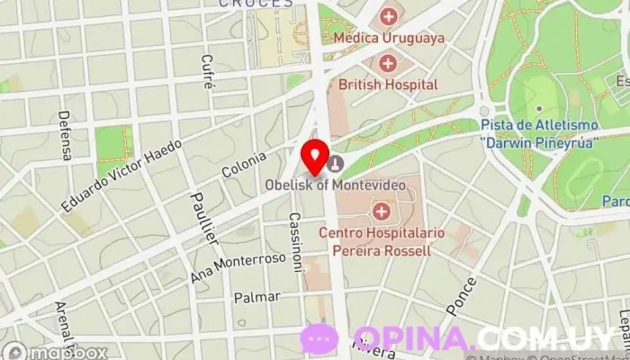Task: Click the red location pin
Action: click(315, 157)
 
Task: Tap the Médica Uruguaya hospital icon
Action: click(388, 16)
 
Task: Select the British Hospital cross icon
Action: click(388, 63)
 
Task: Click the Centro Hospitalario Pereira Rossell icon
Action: click(382, 212)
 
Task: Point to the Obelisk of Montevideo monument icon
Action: click(335, 163)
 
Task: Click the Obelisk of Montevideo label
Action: click(335, 184)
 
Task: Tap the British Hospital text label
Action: click(388, 85)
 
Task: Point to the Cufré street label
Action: click(207, 72)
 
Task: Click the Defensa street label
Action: click(65, 135)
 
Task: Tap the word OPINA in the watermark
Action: click(413, 338)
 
